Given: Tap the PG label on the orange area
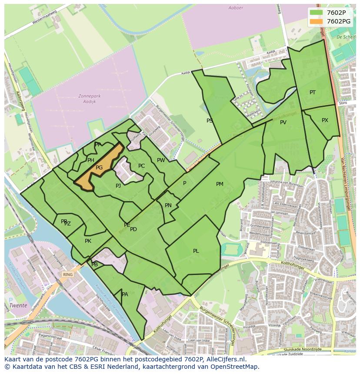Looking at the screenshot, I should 99,168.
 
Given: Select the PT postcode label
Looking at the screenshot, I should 313,93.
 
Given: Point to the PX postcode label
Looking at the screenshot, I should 325,120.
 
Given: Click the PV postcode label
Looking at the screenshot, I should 283,122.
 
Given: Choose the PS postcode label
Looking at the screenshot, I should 210,121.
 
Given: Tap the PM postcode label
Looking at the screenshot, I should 220,184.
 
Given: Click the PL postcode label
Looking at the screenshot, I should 196,251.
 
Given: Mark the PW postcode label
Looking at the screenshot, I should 161,160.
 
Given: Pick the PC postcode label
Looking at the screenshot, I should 141,166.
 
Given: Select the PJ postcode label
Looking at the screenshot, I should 118,186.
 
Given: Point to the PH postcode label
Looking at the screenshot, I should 90,160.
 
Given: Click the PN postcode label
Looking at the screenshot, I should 168,205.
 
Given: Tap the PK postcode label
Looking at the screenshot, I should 88,241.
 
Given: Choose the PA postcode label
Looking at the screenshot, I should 125,295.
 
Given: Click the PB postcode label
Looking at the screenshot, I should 95,264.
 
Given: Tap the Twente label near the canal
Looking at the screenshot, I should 19,305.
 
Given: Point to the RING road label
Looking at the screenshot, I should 67,275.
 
